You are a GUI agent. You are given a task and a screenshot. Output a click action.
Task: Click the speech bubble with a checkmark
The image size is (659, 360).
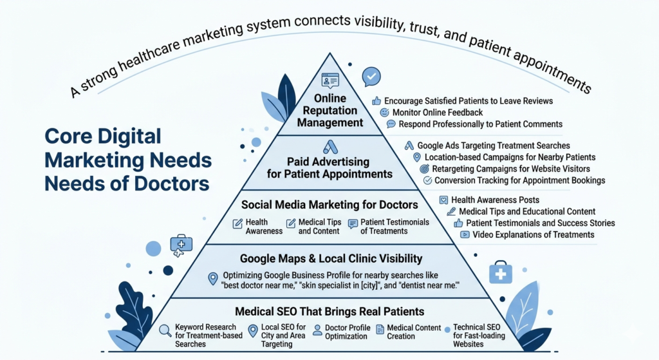pyautogui.click(x=371, y=77)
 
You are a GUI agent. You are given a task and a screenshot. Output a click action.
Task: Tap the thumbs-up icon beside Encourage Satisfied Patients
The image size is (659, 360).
pyautogui.click(x=376, y=101)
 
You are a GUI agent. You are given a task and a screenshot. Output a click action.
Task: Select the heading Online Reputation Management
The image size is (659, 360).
pyautogui.click(x=330, y=110)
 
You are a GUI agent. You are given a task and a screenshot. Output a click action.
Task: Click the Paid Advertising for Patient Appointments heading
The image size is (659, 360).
pyautogui.click(x=330, y=167)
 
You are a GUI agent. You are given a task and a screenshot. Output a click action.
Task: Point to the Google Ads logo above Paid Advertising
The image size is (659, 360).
pyautogui.click(x=330, y=146)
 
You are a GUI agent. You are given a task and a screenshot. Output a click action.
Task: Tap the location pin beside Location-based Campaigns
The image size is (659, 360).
pyautogui.click(x=417, y=157)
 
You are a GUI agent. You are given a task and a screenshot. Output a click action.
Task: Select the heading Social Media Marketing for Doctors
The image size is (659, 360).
pyautogui.click(x=329, y=205)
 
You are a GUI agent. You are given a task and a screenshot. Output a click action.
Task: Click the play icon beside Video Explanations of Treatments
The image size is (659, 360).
pyautogui.click(x=465, y=235)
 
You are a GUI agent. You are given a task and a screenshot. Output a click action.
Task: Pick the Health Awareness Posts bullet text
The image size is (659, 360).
pyautogui.click(x=495, y=200)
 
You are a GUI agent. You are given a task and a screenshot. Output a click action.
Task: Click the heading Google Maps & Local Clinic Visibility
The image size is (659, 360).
pyautogui.click(x=331, y=259)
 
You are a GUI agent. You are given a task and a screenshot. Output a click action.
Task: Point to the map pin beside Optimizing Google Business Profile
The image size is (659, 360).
pyautogui.click(x=213, y=278)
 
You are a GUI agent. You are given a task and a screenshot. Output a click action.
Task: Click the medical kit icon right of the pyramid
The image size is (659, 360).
pyautogui.click(x=501, y=273)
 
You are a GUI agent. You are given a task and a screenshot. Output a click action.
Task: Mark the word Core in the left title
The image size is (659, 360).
pyautogui.click(x=71, y=137)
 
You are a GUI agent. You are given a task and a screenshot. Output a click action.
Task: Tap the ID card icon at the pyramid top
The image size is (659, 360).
pyautogui.click(x=330, y=82)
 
